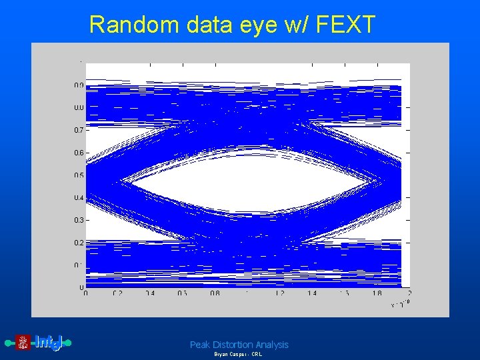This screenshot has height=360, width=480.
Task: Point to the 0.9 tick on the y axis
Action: point(79,85)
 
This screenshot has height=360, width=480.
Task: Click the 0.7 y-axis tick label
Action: point(79,130)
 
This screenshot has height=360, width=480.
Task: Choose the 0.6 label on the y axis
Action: point(79,153)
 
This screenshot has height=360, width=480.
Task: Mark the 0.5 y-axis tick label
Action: point(79,175)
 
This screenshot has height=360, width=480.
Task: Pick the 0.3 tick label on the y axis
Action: point(79,220)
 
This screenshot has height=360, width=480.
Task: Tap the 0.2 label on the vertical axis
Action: point(79,243)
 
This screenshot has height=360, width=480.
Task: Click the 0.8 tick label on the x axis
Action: point(215,293)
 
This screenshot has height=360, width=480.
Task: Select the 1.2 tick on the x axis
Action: point(279,293)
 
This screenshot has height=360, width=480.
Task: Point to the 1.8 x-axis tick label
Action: point(377,293)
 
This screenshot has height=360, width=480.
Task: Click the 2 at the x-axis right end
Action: point(409,293)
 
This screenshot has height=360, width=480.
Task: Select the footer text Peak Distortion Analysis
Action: point(239,345)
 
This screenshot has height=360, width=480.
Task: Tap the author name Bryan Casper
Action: point(227,355)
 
